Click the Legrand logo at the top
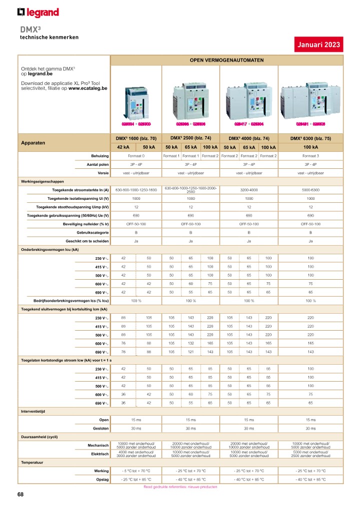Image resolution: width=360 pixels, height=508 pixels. pos(38,12)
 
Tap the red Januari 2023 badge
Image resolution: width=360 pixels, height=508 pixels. pos(318,44)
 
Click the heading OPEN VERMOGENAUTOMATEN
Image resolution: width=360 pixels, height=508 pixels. pos(226,60)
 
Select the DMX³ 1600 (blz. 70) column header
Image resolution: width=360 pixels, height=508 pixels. pos(136,138)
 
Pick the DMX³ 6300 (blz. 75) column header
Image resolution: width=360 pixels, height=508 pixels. pos(310,138)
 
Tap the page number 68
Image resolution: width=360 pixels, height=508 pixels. pos(20,495)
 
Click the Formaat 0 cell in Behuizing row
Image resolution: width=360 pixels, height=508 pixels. pos(136,156)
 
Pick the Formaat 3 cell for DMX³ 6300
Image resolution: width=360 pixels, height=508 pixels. pos(310,156)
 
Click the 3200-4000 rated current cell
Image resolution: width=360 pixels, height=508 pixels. pos(249,190)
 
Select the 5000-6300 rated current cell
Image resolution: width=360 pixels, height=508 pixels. pos(310,190)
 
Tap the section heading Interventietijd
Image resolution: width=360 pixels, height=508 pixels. pos(33,411)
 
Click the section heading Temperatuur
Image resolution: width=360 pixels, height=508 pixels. pos(31,463)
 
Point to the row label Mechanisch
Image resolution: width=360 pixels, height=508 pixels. pos(98,445)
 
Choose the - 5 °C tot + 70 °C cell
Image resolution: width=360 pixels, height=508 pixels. pos(136,471)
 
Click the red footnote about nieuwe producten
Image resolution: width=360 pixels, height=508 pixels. pos(180,487)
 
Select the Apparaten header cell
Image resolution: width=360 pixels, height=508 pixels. pos(33,143)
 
